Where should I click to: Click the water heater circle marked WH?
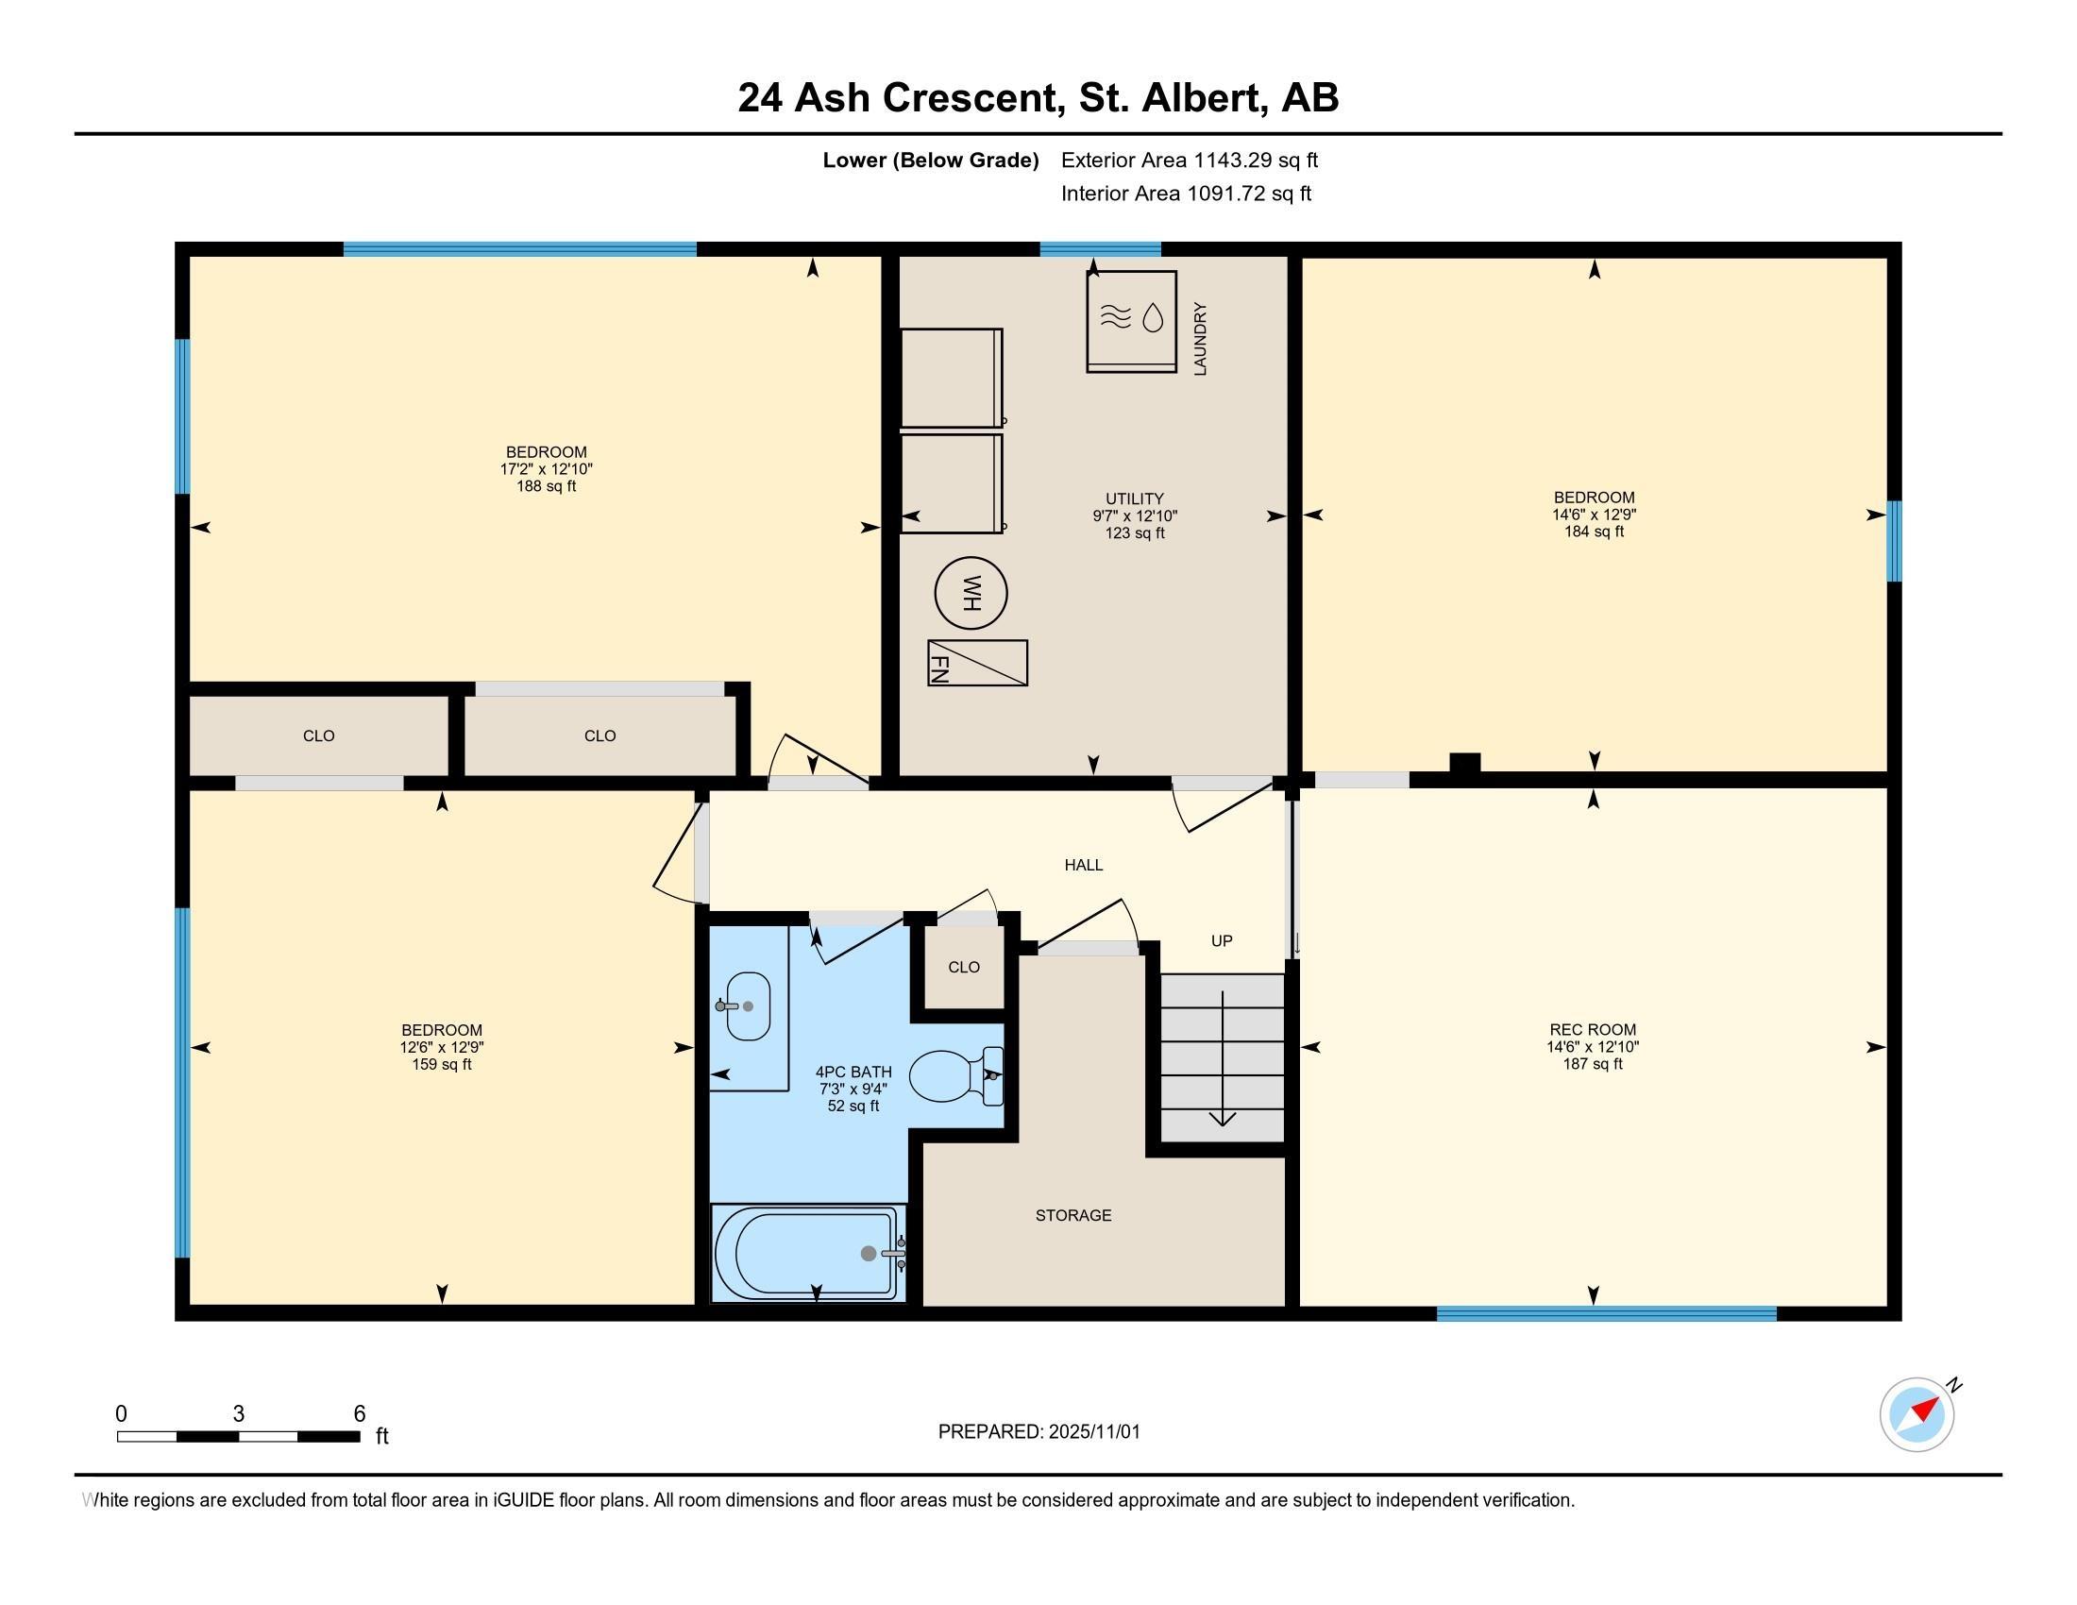click(970, 594)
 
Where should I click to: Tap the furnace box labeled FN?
click(978, 663)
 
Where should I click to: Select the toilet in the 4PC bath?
click(955, 1076)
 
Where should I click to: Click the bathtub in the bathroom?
click(807, 1253)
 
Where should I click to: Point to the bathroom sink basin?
click(748, 1006)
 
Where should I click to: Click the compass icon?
click(1917, 1415)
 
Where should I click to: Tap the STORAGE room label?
click(1072, 1215)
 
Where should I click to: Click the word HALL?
click(1083, 865)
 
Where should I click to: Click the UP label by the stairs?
click(1221, 941)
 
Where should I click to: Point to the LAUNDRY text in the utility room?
click(1200, 340)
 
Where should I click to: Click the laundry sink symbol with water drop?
click(1132, 321)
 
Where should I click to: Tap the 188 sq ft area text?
click(546, 487)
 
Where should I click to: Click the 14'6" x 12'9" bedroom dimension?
click(1594, 515)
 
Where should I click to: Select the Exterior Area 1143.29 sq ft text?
click(1190, 160)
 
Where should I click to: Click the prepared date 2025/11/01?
click(1093, 1432)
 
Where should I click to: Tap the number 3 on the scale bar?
click(239, 1414)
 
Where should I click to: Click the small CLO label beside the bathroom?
click(963, 967)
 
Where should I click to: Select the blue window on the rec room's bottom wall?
click(1606, 1314)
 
